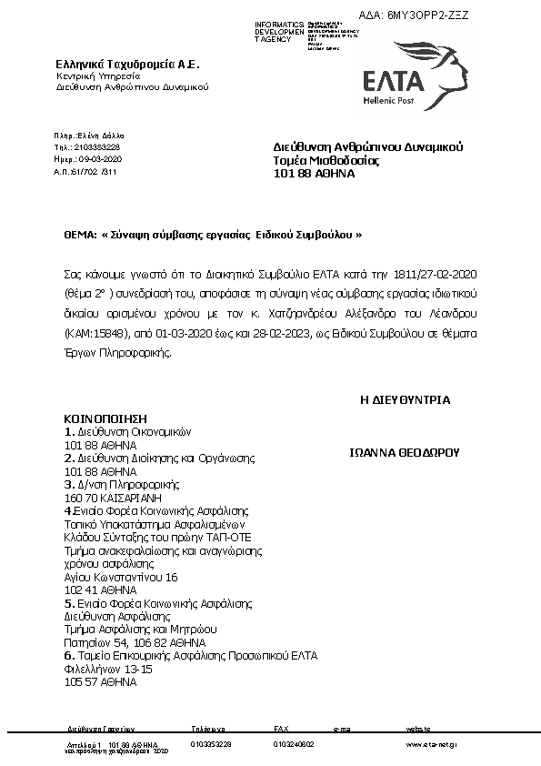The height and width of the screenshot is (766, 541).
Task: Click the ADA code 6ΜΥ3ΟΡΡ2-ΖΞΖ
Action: [426, 15]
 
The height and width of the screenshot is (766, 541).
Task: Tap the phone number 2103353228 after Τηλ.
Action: [95, 146]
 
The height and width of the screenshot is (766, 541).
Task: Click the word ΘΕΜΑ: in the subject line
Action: [80, 234]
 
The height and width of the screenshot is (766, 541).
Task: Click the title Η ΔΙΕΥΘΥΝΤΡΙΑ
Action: [406, 399]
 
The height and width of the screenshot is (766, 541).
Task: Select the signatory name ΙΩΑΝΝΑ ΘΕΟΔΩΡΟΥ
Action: [406, 451]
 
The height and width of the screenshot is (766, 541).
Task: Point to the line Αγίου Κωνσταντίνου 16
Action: [121, 577]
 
